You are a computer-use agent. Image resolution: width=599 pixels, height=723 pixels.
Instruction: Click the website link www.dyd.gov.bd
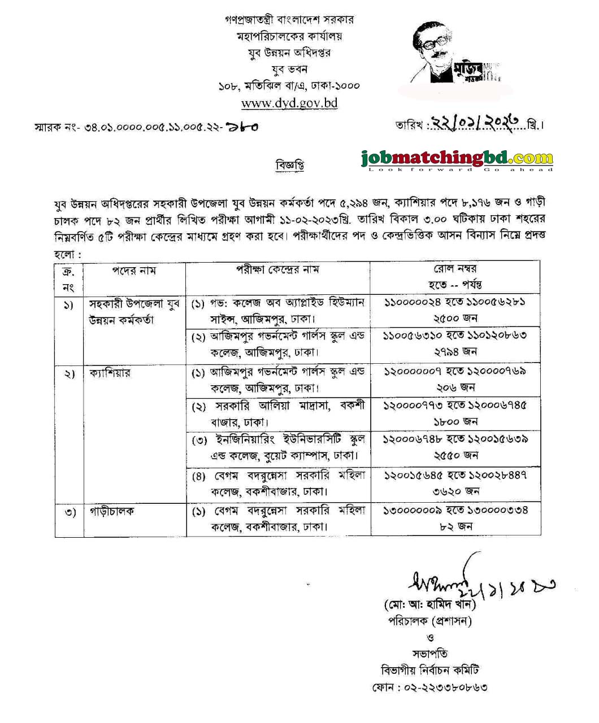[289, 103]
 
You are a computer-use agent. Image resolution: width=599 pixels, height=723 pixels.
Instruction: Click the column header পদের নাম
[133, 271]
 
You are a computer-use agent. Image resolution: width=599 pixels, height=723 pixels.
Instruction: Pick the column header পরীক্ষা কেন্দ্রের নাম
[277, 269]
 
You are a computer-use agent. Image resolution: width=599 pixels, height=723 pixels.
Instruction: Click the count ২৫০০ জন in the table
[455, 318]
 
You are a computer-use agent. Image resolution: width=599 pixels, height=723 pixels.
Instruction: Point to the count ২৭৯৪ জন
[455, 351]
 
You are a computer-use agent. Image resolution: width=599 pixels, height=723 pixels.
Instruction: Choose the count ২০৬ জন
[455, 387]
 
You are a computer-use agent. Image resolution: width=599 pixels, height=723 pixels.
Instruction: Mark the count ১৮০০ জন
[455, 421]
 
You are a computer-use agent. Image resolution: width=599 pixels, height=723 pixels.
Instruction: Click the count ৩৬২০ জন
[455, 491]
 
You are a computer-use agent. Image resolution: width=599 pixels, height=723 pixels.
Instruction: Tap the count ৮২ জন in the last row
[455, 526]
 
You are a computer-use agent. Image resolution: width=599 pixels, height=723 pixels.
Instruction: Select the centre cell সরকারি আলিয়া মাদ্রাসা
[278, 413]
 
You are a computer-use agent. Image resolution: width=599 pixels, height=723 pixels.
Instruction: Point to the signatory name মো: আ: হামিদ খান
[430, 605]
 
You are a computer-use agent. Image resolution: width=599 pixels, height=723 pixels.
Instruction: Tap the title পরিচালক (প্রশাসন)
[429, 621]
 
